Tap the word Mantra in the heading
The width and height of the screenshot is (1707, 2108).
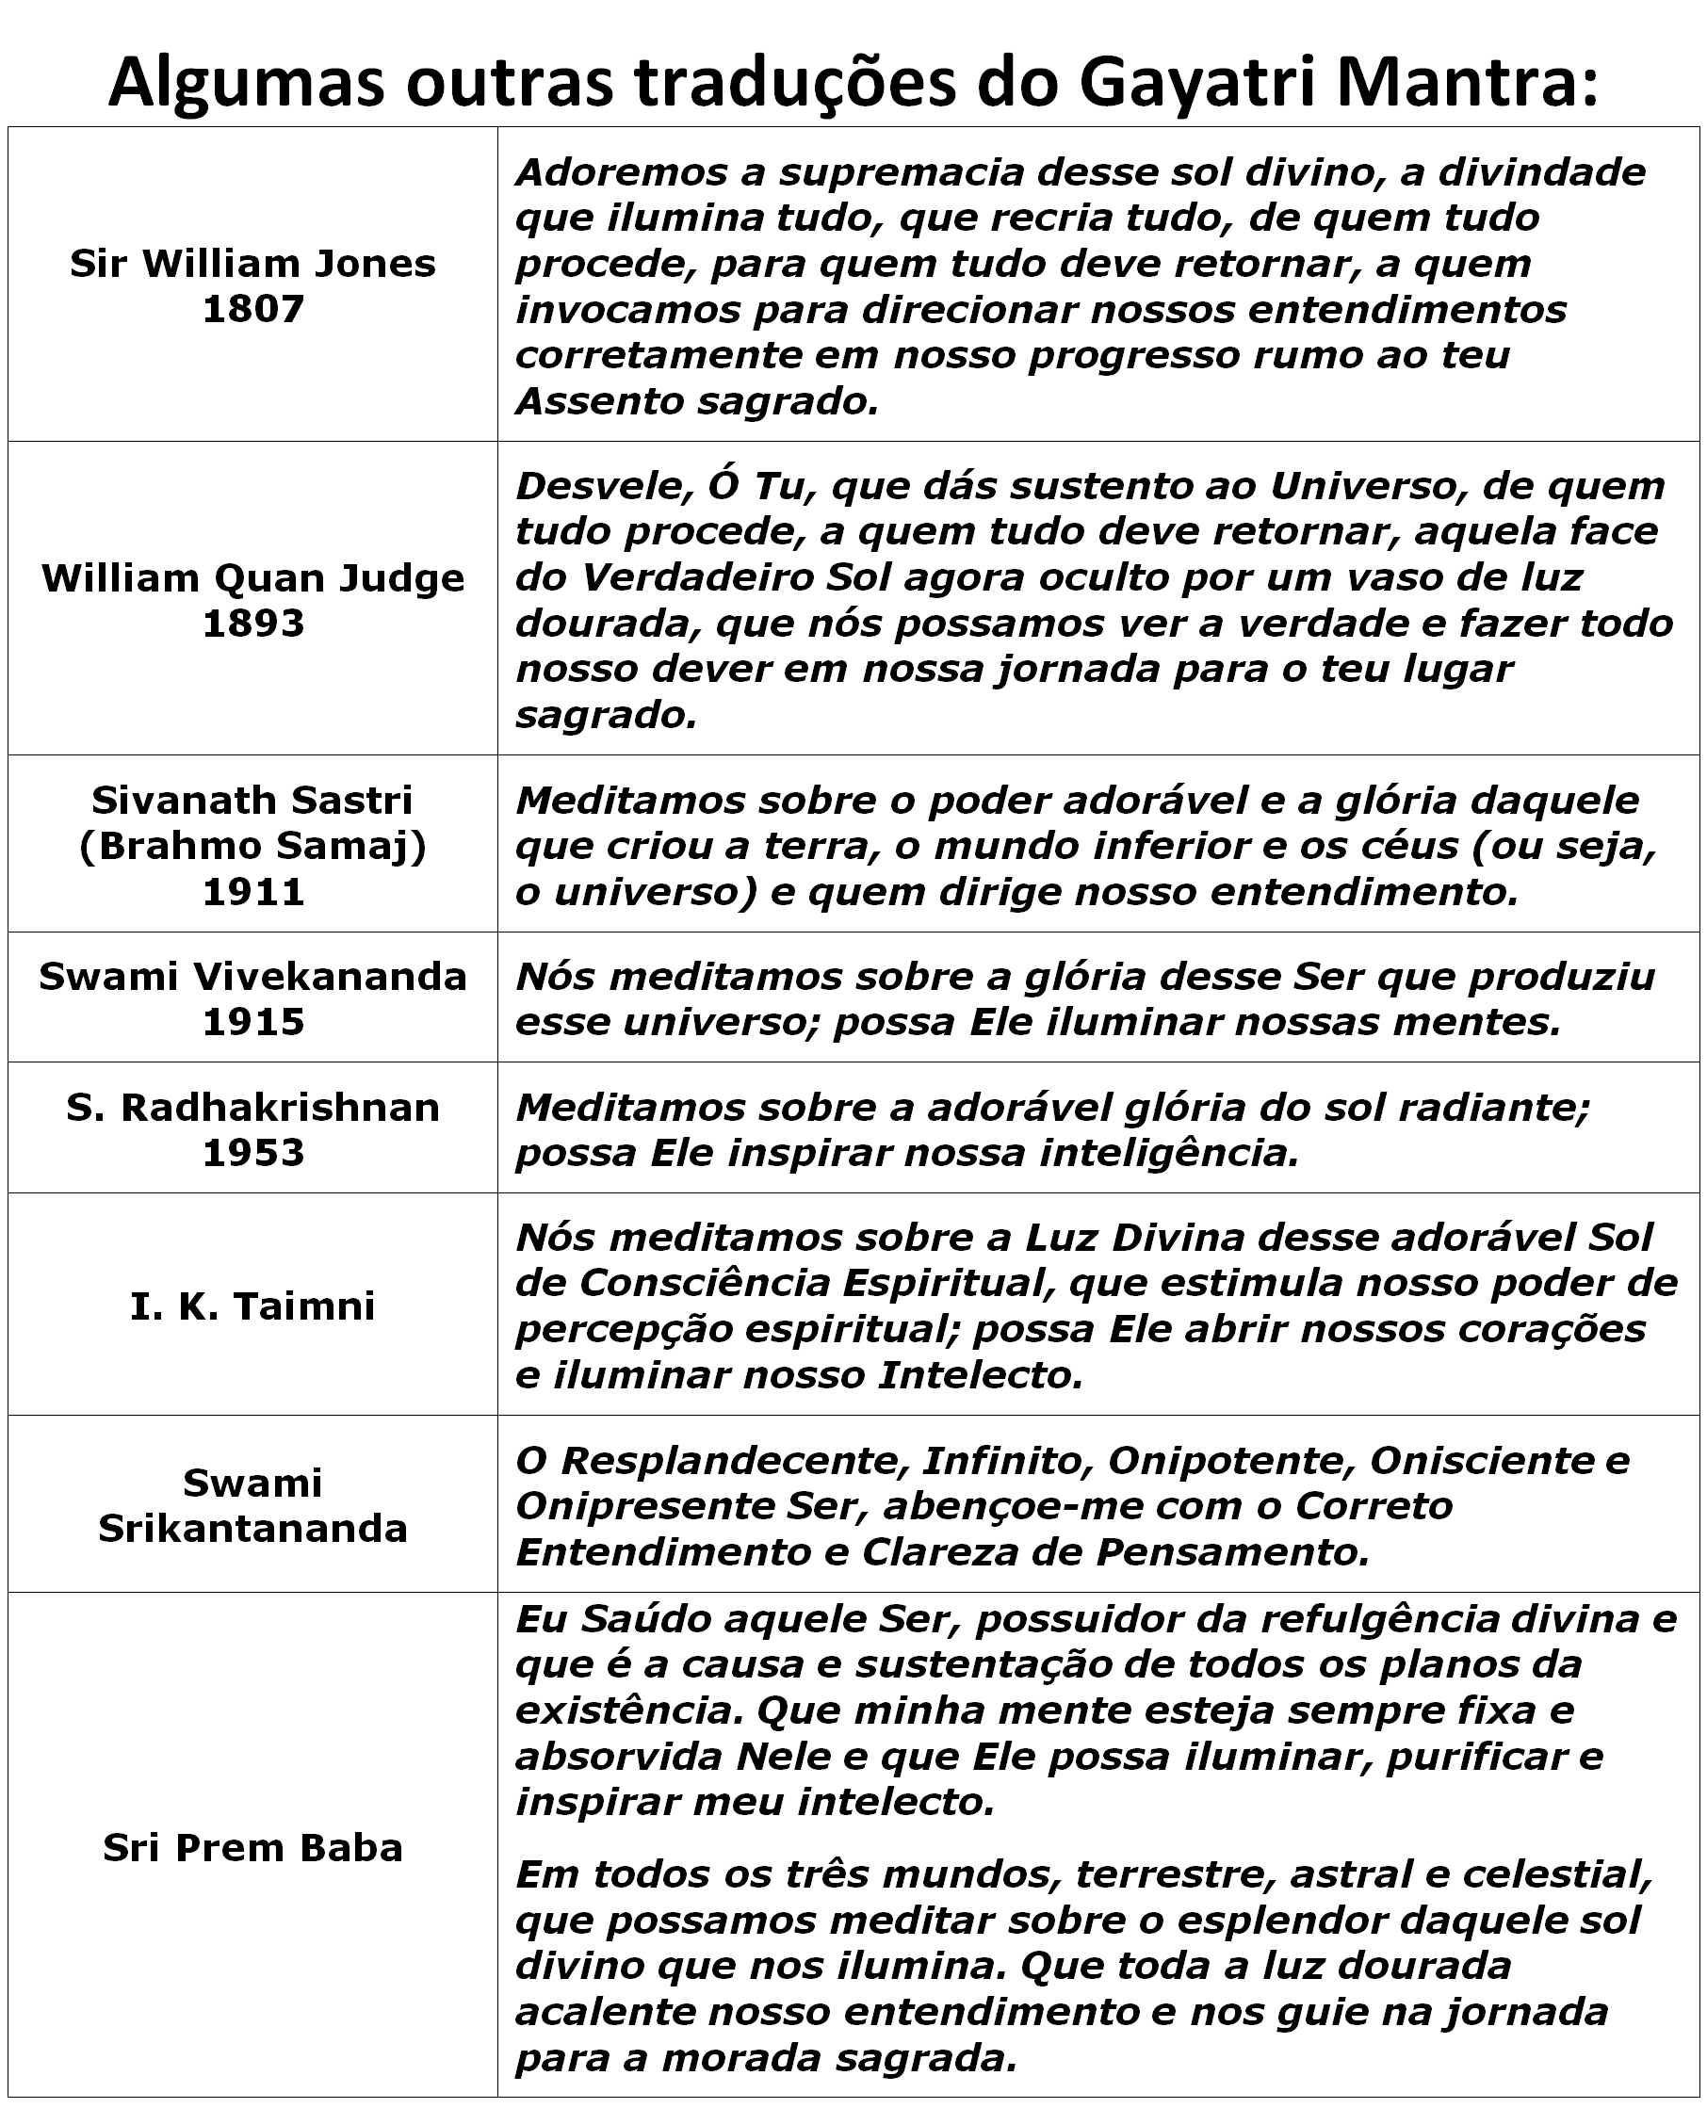[x=1466, y=83]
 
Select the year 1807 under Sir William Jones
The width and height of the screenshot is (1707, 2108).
[x=252, y=309]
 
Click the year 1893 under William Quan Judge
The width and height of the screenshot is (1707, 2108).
[x=252, y=624]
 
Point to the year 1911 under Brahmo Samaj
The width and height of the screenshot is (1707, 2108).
[x=252, y=892]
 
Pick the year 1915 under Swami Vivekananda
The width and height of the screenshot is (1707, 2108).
[x=252, y=1022]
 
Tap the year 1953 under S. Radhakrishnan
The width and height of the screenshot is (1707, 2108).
[x=252, y=1152]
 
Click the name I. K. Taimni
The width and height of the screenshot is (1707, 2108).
[x=252, y=1306]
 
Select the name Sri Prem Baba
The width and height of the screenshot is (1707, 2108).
[x=252, y=1848]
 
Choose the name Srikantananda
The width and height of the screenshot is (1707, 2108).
[x=252, y=1528]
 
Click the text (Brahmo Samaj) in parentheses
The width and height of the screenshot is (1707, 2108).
[x=252, y=846]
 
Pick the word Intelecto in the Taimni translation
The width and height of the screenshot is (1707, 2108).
[x=972, y=1374]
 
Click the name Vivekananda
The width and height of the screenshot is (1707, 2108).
[x=330, y=977]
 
